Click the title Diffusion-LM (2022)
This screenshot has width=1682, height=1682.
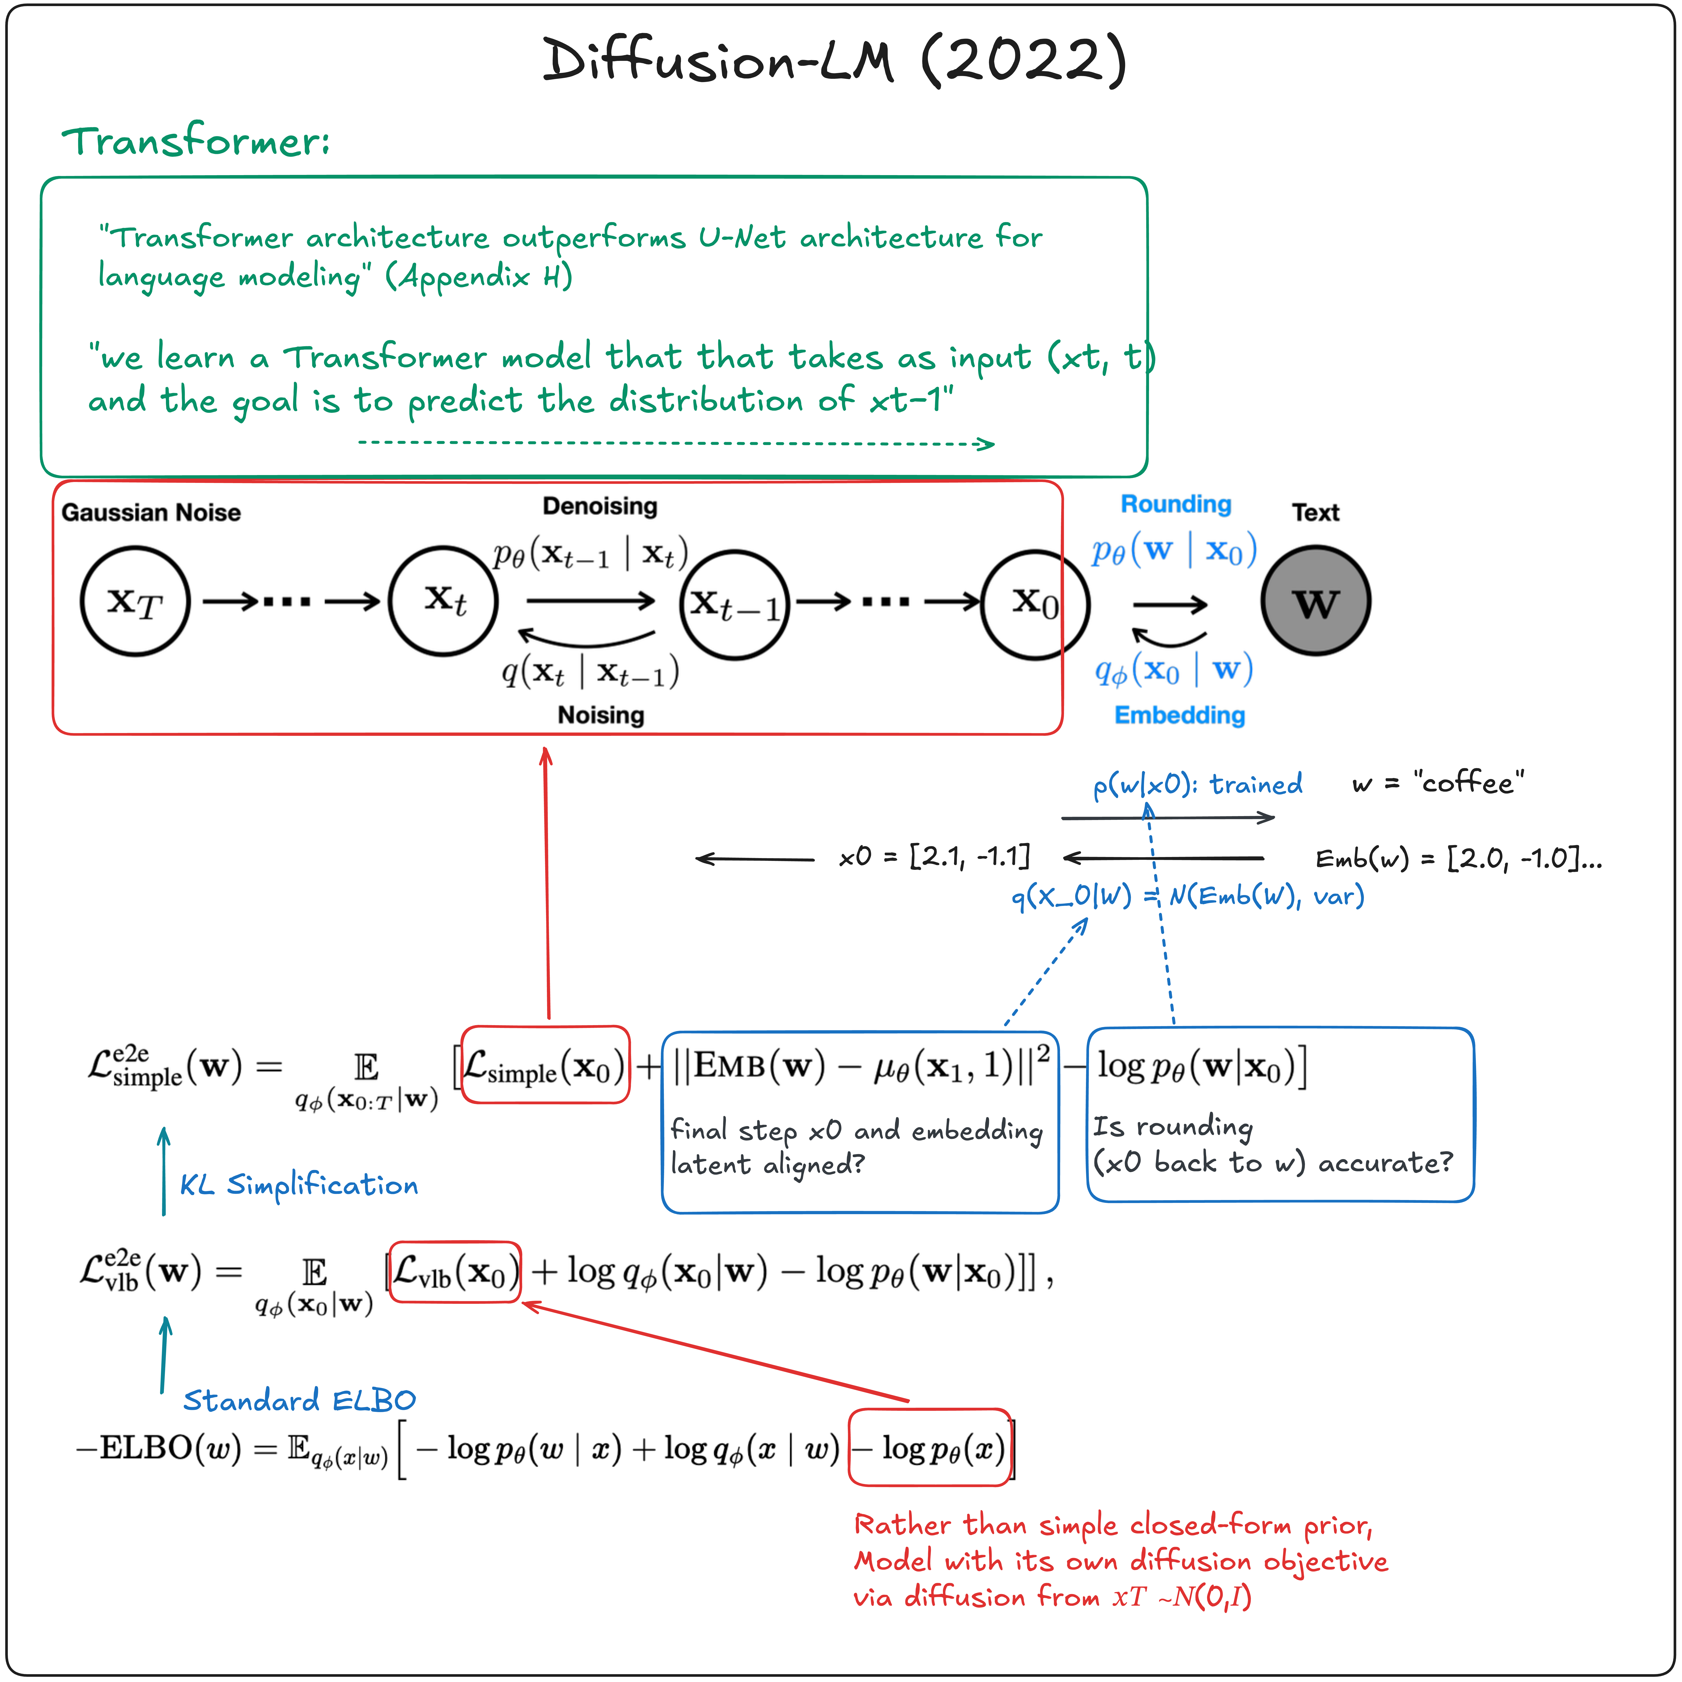pyautogui.click(x=834, y=61)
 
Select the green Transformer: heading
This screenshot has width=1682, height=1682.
pyautogui.click(x=196, y=141)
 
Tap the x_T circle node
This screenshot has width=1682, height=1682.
pyautogui.click(x=135, y=601)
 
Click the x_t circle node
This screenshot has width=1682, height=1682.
pyautogui.click(x=443, y=601)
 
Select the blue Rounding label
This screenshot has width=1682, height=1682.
pyautogui.click(x=1175, y=504)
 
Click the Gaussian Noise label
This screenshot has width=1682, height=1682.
pyautogui.click(x=151, y=512)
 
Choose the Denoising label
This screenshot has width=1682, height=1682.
pyautogui.click(x=600, y=506)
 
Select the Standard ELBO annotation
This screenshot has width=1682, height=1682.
pyautogui.click(x=299, y=1400)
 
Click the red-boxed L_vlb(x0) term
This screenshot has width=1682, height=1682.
pyautogui.click(x=454, y=1272)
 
